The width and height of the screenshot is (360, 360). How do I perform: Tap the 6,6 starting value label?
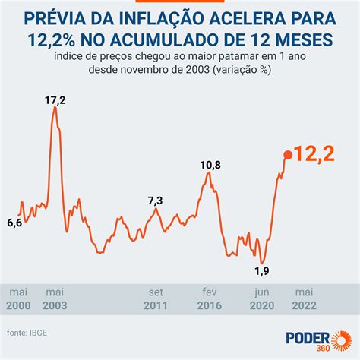pos(14,222)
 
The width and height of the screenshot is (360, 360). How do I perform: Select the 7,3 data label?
pos(155,201)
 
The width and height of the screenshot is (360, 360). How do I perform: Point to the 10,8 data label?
pos(210,165)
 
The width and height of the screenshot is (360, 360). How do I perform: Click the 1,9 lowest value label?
pos(262,270)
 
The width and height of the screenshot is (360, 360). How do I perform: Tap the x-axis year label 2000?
pos(20,305)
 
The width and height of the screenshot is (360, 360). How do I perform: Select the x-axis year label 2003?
pos(55,305)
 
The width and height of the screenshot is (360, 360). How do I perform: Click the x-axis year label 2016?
pos(211,305)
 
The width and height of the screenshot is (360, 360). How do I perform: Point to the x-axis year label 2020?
pos(263,305)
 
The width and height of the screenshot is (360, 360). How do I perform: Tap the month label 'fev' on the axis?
pos(210,292)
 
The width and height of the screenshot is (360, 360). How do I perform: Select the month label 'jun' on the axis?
pos(262,292)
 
